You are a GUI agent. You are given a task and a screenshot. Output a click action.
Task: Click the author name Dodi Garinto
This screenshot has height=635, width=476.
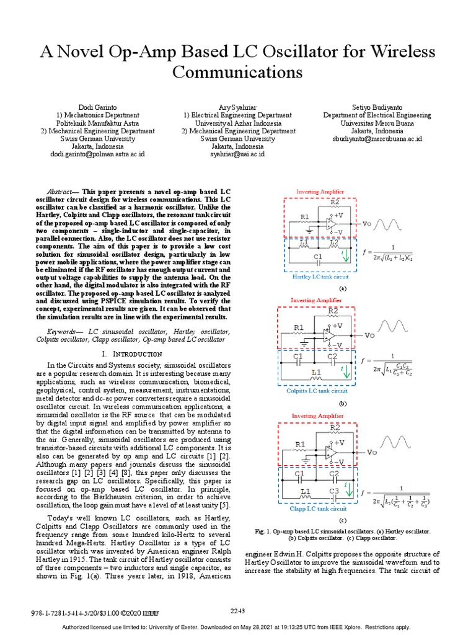[97, 106]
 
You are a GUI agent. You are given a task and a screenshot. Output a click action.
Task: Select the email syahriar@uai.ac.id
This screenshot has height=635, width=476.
[238, 153]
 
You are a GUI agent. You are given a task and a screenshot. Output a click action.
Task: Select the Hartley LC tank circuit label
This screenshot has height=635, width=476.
[319, 277]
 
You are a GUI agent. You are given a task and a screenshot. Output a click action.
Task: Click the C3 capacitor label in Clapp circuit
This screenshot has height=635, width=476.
[334, 491]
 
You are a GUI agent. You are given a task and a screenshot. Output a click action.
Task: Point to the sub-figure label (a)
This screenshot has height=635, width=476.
[343, 289]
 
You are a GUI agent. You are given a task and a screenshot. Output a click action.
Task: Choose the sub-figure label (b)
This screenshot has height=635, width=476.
[343, 403]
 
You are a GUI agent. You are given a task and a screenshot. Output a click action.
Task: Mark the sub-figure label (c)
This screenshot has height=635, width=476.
[343, 520]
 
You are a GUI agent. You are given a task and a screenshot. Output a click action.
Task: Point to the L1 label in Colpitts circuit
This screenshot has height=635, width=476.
[316, 373]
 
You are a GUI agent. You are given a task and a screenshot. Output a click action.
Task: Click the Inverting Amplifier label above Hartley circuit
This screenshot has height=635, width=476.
[320, 192]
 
